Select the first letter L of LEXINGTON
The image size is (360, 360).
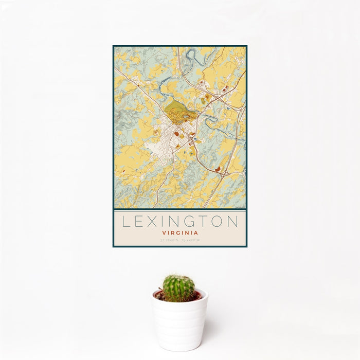125,222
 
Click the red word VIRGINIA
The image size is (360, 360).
180,232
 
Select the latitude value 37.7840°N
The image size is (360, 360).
170,240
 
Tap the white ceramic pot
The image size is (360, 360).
180,324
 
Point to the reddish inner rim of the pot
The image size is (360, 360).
196,296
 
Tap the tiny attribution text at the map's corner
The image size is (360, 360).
240,207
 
